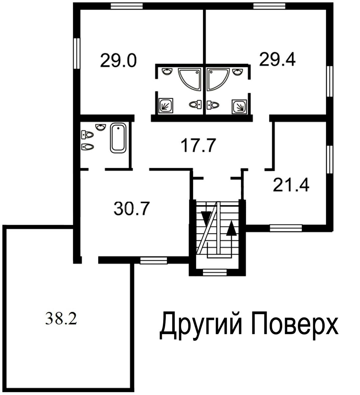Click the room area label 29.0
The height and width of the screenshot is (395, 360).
point(118,61)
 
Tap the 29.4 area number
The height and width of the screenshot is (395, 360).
point(277,59)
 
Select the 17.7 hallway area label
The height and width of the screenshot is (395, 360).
point(198,145)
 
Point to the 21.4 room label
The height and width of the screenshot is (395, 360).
point(291,185)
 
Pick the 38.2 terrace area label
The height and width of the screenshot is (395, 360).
point(61,319)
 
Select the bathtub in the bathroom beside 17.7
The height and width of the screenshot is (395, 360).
point(118,138)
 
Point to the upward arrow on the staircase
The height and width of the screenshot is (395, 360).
point(231,228)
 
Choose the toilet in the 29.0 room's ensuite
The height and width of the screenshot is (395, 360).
point(196,104)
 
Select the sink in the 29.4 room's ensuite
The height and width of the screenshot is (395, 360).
point(238,72)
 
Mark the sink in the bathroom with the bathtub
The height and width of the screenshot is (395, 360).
point(101,127)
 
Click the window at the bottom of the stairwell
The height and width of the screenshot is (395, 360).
point(215,272)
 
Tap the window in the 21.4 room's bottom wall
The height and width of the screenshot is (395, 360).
point(286,228)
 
